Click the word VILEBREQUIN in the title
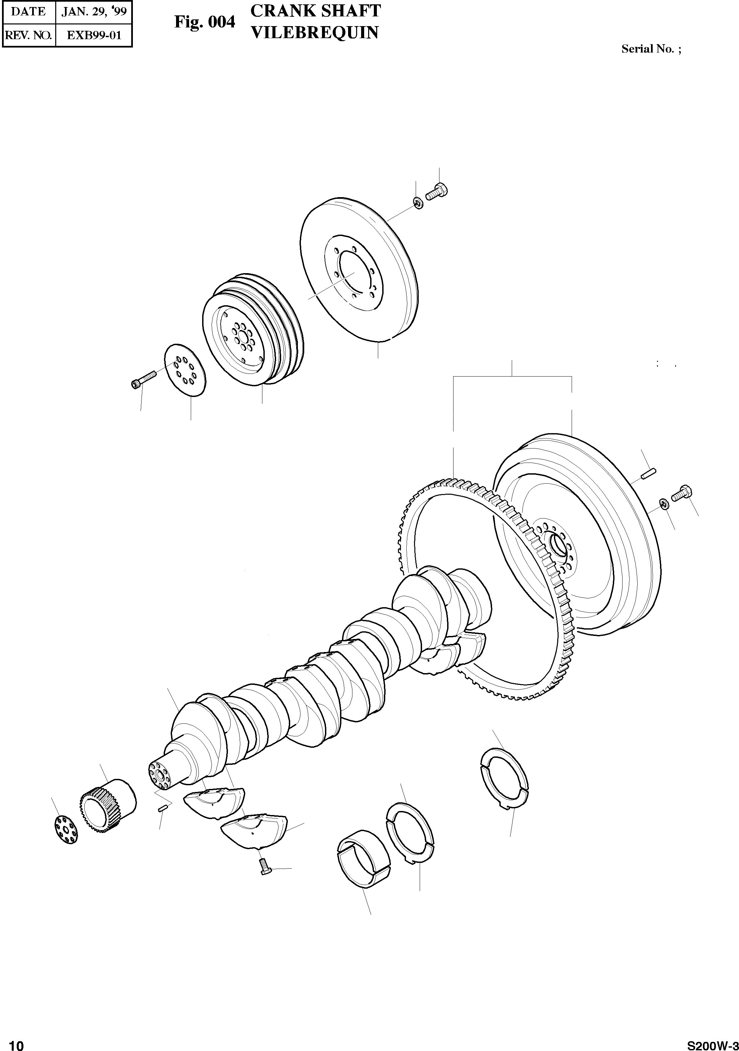315,32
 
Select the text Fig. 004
204,21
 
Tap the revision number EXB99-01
94,35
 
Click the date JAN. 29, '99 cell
94,11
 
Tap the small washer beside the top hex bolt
417,202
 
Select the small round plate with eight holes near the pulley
185,370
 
